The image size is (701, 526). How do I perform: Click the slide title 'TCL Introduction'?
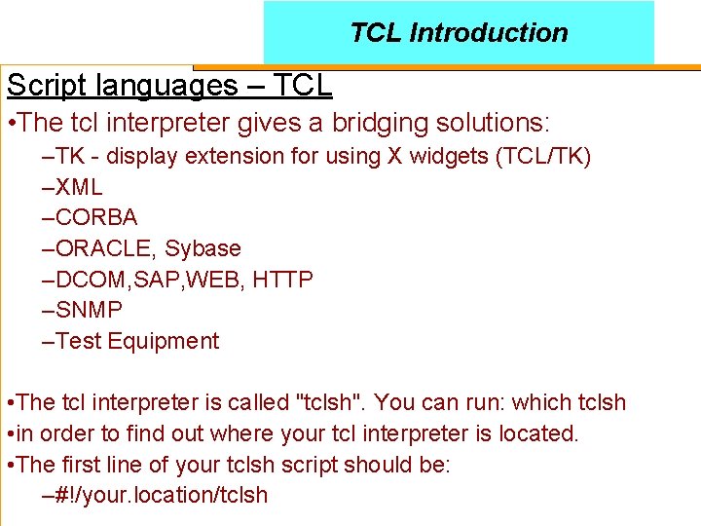click(459, 32)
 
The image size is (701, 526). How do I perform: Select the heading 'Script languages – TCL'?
click(169, 86)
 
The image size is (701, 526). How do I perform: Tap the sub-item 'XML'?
click(79, 186)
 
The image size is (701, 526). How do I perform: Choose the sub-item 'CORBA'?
click(96, 217)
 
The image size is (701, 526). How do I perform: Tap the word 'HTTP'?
click(282, 280)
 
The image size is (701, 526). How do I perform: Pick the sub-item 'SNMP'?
click(89, 311)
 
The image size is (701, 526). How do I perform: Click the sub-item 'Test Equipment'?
click(137, 341)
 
